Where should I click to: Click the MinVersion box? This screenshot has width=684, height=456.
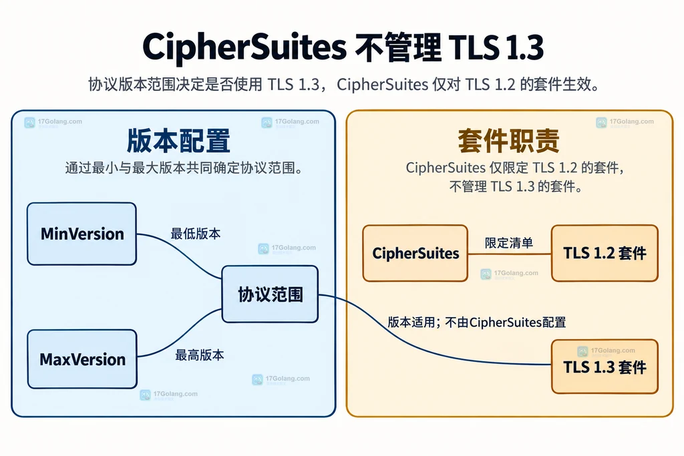[81, 234]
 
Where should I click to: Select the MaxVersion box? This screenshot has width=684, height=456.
[82, 359]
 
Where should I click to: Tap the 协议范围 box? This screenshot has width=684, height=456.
[270, 294]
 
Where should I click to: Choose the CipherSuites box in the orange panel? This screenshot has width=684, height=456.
[415, 253]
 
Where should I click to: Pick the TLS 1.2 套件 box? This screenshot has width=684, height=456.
[605, 253]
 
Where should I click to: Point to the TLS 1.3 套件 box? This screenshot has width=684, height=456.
[605, 367]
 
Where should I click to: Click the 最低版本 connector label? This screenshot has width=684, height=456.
[196, 234]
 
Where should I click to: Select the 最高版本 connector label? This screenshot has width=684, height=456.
[199, 355]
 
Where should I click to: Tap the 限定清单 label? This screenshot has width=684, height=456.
[509, 243]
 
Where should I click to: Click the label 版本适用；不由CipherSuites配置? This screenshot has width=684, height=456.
[477, 322]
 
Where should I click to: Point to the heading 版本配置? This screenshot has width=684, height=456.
[178, 140]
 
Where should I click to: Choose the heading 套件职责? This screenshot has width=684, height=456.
[508, 140]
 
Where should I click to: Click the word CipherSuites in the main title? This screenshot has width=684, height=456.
[244, 47]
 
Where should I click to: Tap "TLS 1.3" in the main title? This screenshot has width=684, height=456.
[496, 47]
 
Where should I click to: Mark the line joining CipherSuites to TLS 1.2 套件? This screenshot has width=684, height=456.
[510, 253]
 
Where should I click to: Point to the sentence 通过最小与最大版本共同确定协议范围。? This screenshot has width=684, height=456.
[184, 168]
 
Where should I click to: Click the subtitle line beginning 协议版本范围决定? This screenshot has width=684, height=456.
[344, 84]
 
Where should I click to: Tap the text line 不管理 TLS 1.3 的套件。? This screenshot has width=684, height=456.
[516, 186]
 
